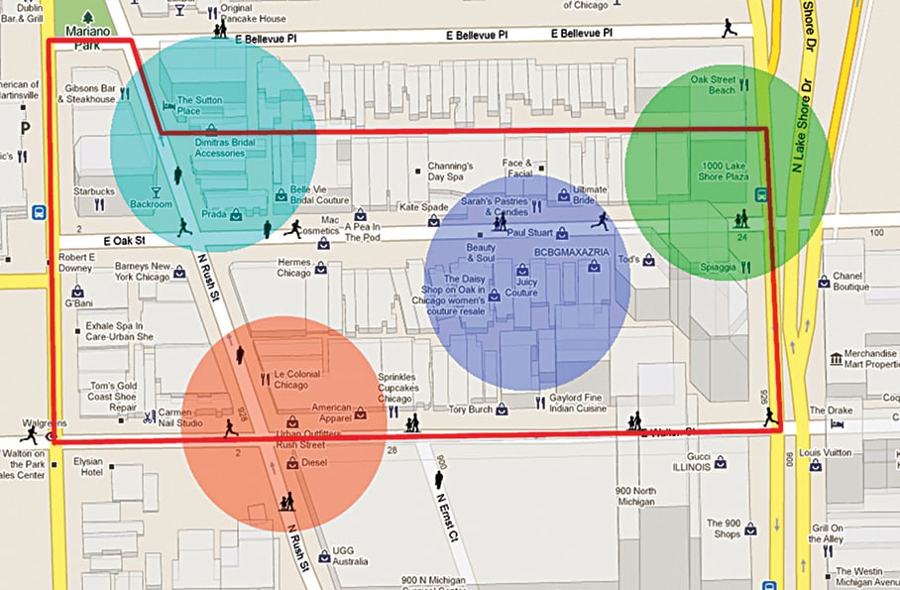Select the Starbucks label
pos(94,191)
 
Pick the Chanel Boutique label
pos(850,281)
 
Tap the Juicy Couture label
pos(521,288)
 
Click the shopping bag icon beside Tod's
pos(648,260)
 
